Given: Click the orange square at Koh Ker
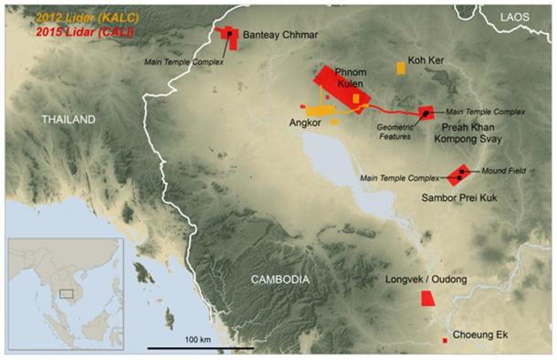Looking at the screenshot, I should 401,68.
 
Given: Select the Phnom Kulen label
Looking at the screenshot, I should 351,77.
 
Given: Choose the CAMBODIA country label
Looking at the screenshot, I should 278,280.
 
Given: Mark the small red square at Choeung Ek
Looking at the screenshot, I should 445,340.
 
